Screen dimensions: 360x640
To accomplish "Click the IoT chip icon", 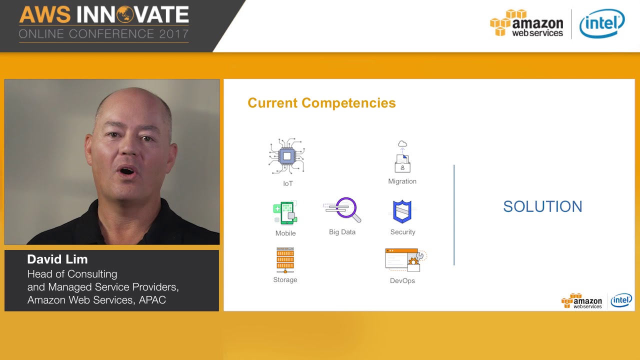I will click(286, 156).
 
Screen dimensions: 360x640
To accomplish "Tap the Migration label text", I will click(402, 181).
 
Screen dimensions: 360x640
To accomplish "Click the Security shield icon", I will click(402, 211).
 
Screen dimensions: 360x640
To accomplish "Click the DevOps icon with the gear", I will click(405, 260).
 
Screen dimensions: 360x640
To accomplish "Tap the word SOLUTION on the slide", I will click(542, 206).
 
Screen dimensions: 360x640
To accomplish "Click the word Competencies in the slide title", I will click(355, 103).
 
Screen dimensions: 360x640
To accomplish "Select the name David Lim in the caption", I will click(57, 259).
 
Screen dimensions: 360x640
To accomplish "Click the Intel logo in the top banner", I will click(602, 23).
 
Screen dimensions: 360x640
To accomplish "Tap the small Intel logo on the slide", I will click(621, 300).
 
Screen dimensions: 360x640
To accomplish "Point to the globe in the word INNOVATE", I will click(124, 15).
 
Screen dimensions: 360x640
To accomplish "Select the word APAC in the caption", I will click(152, 300).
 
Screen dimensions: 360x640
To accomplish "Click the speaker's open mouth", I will click(127, 171).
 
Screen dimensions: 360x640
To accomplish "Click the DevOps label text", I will click(402, 280).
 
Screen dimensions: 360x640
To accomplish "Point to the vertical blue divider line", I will click(454, 215).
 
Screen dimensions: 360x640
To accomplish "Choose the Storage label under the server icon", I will click(285, 280).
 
